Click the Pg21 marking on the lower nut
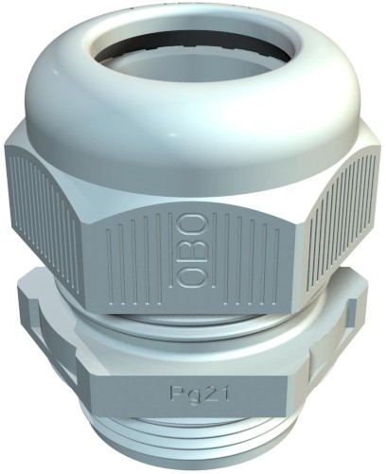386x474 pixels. tap(200, 394)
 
